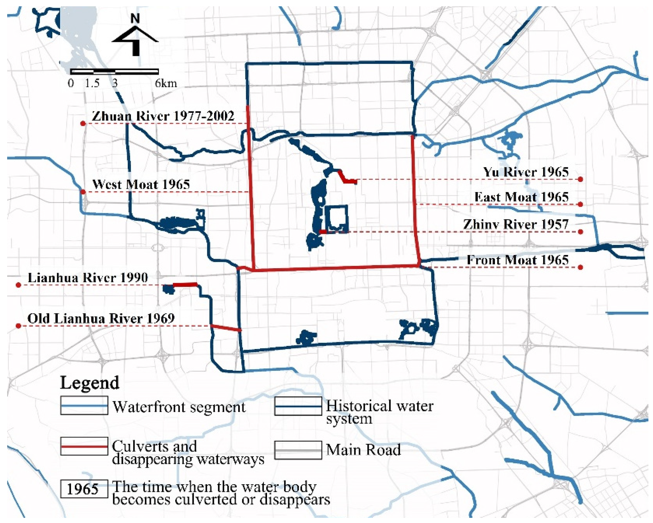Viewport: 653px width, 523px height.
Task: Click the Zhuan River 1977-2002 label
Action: coord(163,116)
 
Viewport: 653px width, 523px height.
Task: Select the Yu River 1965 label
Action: coord(526,172)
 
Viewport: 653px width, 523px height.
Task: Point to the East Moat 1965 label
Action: coord(521,197)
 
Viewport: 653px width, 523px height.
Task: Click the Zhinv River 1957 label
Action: coord(515,225)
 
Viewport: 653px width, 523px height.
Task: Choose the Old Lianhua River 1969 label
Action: coord(101,318)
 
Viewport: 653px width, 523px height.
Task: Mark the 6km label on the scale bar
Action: coord(166,83)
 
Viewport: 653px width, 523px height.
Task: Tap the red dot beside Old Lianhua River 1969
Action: coord(19,326)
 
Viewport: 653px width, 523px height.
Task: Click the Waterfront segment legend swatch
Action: coord(84,406)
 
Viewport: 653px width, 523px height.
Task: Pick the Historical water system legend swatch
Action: coord(298,406)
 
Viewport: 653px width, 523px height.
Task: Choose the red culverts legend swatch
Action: coord(84,446)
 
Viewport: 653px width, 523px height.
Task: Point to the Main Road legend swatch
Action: coord(298,450)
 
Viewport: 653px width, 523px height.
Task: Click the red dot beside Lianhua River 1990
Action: coord(19,285)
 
